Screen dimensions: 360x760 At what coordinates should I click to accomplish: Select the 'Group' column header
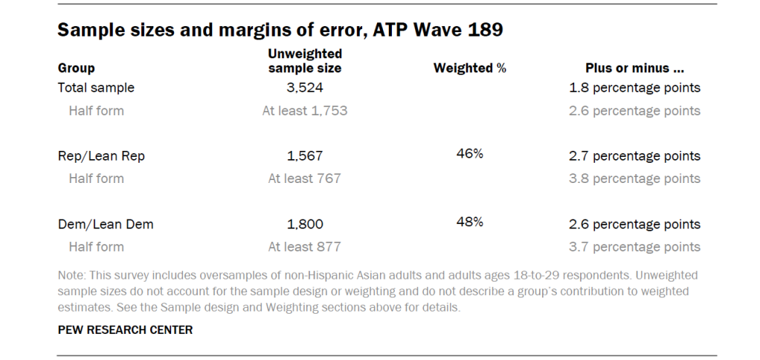pyautogui.click(x=76, y=68)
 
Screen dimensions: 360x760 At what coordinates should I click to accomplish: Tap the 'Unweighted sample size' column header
pyautogui.click(x=304, y=61)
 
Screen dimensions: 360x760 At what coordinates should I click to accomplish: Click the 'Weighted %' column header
pyautogui.click(x=469, y=68)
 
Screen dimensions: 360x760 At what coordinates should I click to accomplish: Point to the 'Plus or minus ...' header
pyautogui.click(x=634, y=68)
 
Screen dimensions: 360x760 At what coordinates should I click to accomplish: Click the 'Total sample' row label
pyautogui.click(x=96, y=88)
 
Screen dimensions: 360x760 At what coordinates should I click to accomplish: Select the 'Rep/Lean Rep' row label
pyautogui.click(x=100, y=156)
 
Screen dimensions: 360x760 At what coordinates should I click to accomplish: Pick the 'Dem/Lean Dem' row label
pyautogui.click(x=106, y=224)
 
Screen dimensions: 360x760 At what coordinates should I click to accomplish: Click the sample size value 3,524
pyautogui.click(x=304, y=88)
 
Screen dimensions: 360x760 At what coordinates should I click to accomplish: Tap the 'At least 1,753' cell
pyautogui.click(x=304, y=111)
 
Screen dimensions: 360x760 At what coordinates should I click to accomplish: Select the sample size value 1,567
pyautogui.click(x=304, y=156)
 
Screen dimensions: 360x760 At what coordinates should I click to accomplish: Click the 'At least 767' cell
pyautogui.click(x=304, y=179)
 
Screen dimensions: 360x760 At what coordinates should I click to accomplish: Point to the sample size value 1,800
pyautogui.click(x=304, y=224)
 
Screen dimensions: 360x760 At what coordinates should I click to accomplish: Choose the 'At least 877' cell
pyautogui.click(x=304, y=247)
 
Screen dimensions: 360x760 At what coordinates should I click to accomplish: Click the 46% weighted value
pyautogui.click(x=469, y=154)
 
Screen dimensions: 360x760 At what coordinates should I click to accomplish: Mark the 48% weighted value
pyautogui.click(x=469, y=222)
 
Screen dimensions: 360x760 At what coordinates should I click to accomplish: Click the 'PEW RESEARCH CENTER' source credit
pyautogui.click(x=125, y=330)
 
